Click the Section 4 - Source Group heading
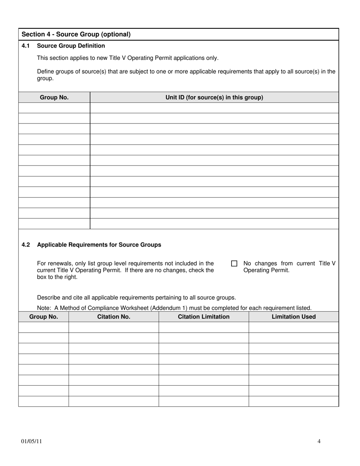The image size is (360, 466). [76, 34]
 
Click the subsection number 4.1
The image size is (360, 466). [25, 46]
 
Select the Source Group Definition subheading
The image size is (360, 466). [71, 46]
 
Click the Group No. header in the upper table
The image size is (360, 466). [54, 97]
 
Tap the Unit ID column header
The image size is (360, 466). [214, 97]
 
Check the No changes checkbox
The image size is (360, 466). [234, 263]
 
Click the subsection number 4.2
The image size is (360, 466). [25, 245]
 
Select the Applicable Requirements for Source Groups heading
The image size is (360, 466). [99, 245]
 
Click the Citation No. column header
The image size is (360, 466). [114, 317]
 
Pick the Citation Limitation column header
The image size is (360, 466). [203, 317]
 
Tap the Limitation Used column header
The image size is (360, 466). [294, 317]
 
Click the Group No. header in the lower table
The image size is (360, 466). [44, 317]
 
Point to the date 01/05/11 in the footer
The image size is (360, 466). [31, 441]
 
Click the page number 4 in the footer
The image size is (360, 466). [319, 441]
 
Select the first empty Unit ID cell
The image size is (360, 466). [214, 108]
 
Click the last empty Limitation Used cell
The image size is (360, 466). [294, 401]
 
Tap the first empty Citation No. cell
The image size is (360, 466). [114, 327]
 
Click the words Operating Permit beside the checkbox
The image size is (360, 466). [266, 271]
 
